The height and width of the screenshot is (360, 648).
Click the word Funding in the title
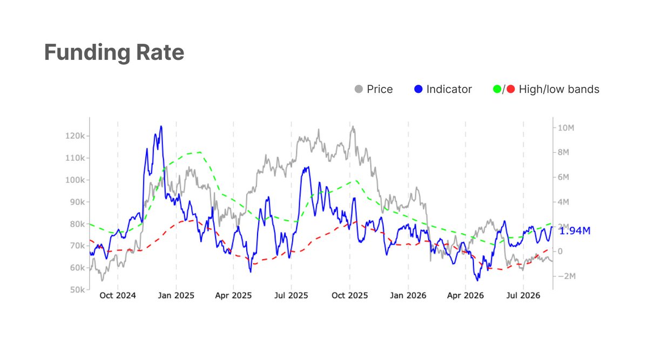click(x=87, y=53)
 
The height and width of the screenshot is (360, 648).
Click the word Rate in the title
click(x=160, y=52)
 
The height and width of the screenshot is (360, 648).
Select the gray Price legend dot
click(x=359, y=89)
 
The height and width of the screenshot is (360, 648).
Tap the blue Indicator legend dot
click(x=418, y=89)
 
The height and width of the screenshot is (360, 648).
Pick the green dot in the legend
click(x=497, y=89)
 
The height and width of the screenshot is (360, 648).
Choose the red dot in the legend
click(x=511, y=89)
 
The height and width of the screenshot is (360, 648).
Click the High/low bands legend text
click(x=559, y=90)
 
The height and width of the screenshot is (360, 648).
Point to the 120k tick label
click(x=75, y=136)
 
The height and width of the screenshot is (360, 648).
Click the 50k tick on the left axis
click(x=78, y=290)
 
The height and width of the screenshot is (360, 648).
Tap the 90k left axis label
click(x=78, y=202)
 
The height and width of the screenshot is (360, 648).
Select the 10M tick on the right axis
click(x=566, y=128)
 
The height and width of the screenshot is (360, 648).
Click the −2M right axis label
click(x=566, y=276)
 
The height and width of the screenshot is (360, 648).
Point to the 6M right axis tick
click(x=563, y=177)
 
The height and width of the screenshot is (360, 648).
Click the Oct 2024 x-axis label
click(x=118, y=296)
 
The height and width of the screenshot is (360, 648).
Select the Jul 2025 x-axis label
click(x=291, y=296)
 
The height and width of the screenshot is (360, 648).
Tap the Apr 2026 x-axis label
click(x=465, y=296)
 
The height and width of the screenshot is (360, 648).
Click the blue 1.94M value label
click(x=575, y=231)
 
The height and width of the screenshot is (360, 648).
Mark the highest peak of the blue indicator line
click(x=161, y=126)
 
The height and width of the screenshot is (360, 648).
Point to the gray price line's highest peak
click(x=353, y=126)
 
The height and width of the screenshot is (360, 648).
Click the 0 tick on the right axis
click(x=560, y=252)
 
